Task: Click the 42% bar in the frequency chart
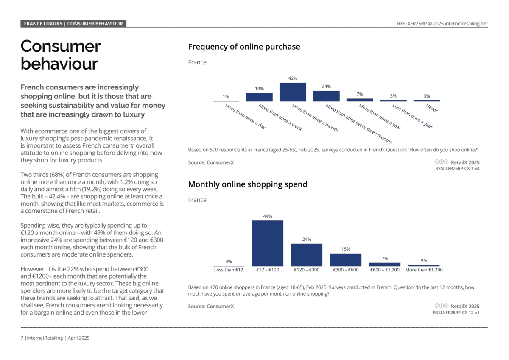(293, 92)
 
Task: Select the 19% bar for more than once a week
(259, 97)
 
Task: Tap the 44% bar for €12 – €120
(268, 243)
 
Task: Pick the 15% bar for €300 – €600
(346, 260)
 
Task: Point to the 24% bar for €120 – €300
(307, 255)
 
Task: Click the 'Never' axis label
(432, 108)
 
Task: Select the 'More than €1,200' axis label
(424, 270)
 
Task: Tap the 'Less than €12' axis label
(229, 270)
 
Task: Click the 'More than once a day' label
(245, 117)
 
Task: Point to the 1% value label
(226, 97)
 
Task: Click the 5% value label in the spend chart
(424, 261)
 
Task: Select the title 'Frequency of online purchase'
(244, 47)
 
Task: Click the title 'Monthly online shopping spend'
(248, 184)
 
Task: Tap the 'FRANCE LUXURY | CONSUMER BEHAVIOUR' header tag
(73, 24)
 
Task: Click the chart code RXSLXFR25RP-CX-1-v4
(457, 168)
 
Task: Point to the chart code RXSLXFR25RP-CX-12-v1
(456, 313)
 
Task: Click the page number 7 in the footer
(22, 338)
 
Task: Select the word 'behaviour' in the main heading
(59, 64)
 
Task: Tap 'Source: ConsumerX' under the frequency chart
(211, 162)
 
